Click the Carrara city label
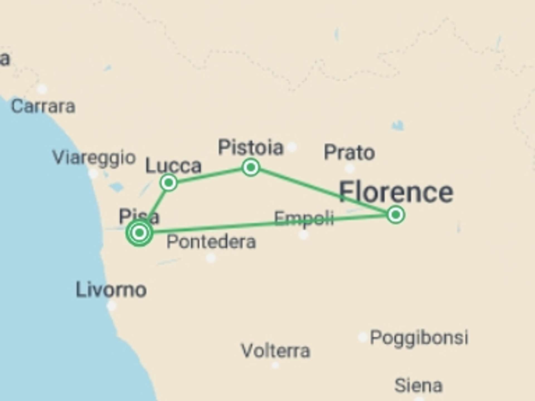coord(43,106)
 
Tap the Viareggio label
coord(94,158)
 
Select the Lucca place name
coord(173,166)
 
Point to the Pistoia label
coord(251,147)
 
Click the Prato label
coord(349,153)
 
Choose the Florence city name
coord(396,192)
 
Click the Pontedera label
coord(211,241)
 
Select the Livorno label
coord(111,290)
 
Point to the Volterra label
coord(275,351)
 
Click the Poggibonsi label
coord(419,338)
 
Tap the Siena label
coord(418,386)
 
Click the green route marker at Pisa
coord(139,232)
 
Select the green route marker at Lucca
coord(169,183)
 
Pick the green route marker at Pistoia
coord(251,167)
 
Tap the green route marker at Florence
coord(396,215)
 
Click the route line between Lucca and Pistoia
coord(210,175)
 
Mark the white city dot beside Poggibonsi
coord(362,337)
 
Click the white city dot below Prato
coord(350,168)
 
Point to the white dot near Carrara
coord(42,89)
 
